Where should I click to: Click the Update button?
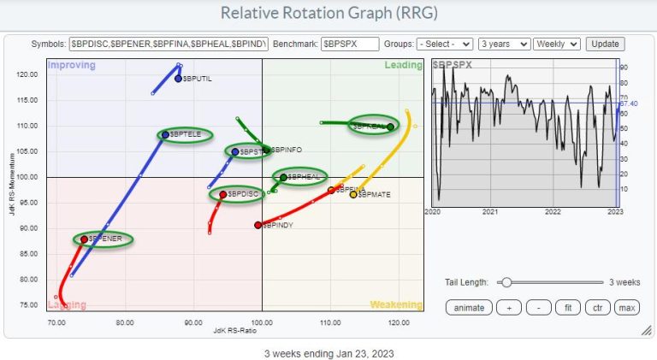tap(605, 44)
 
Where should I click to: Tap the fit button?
tap(568, 307)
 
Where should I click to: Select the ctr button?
tap(596, 307)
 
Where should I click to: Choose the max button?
tap(626, 307)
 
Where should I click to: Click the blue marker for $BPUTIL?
tap(178, 79)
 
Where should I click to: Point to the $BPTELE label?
tap(186, 135)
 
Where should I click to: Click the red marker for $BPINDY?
tap(257, 225)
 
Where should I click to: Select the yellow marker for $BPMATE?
tap(353, 195)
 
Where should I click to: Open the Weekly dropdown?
tap(556, 44)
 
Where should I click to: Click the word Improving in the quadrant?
tap(71, 65)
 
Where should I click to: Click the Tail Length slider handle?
tap(506, 281)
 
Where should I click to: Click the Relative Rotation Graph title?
tap(328, 13)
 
